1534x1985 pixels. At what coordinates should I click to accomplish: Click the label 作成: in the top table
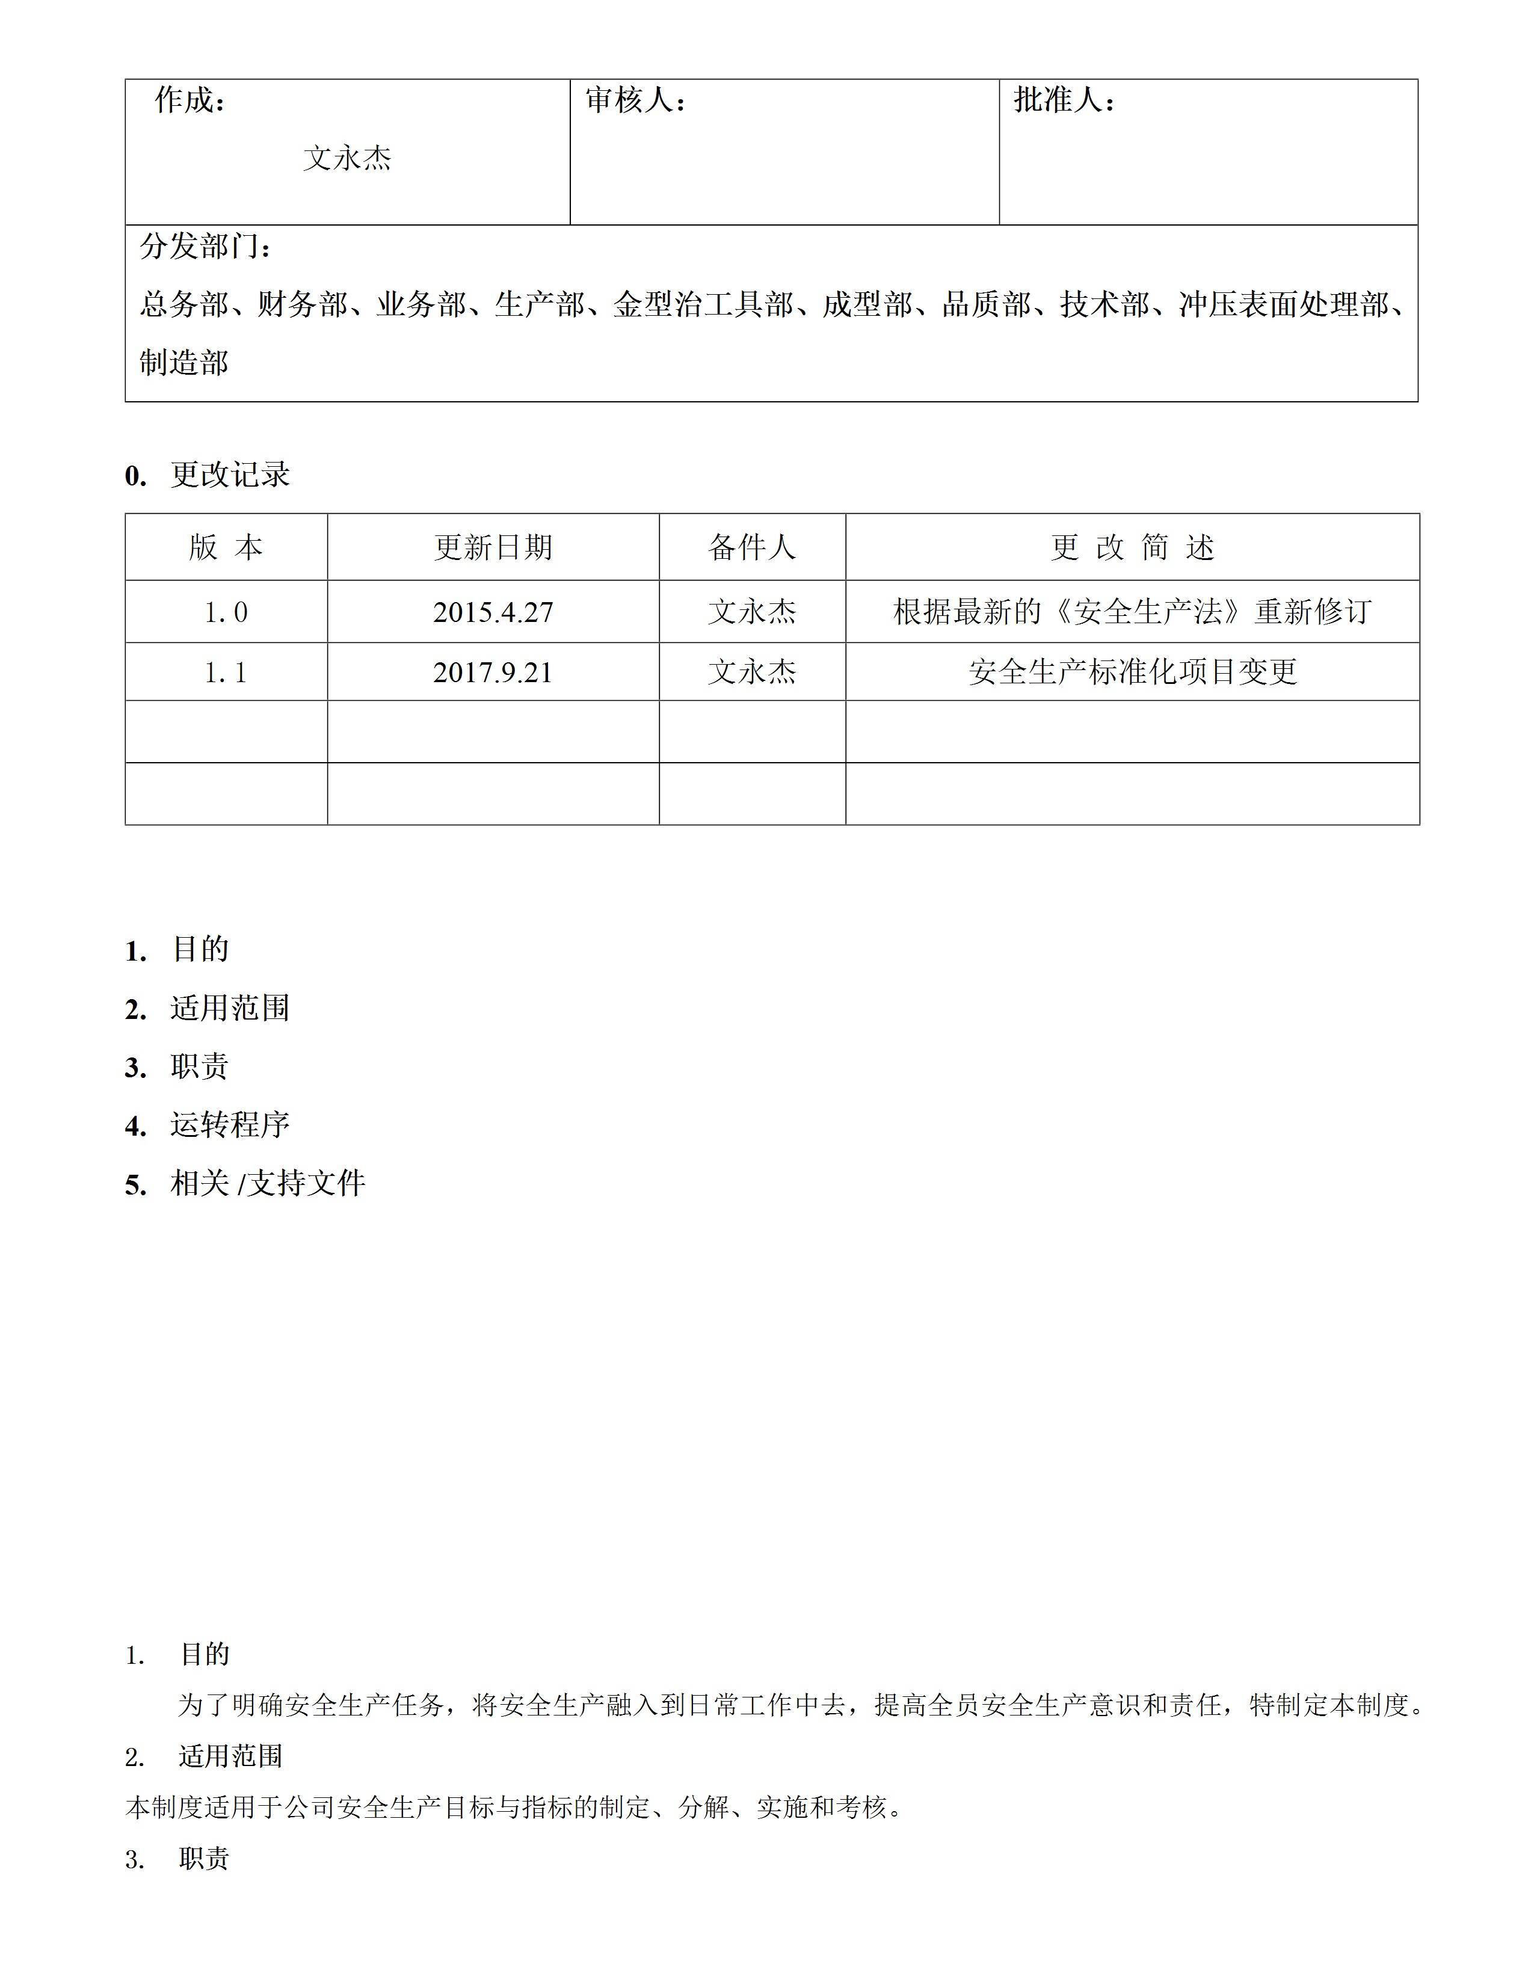coord(190,100)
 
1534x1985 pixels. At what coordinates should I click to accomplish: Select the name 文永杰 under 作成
coord(347,158)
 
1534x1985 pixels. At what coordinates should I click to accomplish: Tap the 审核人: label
coord(634,100)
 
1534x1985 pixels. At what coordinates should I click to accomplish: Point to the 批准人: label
coord(1063,100)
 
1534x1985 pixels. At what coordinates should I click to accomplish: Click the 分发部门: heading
coord(205,246)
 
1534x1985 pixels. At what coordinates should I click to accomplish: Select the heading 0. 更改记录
coord(207,475)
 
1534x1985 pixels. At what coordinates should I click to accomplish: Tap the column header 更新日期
coord(493,547)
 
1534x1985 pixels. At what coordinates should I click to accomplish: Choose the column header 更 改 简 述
coord(1132,547)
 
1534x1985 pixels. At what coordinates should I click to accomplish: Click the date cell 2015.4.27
coord(493,612)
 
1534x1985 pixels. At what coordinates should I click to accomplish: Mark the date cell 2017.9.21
coord(493,672)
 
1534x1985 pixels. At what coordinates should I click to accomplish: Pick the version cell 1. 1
coord(226,672)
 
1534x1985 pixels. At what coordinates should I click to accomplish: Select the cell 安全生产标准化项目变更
coord(1132,672)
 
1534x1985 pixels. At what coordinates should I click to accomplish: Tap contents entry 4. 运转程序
coord(207,1125)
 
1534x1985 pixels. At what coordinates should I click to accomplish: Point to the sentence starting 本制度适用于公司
coord(516,1808)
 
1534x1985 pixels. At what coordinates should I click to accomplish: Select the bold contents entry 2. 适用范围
coord(207,1009)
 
